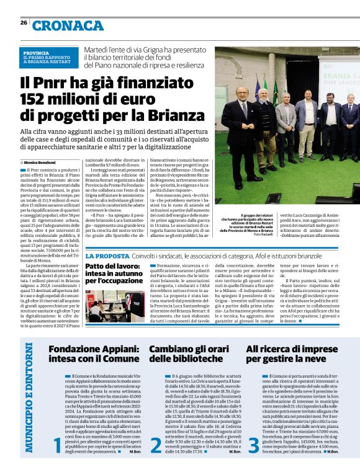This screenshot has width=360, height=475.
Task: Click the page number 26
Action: point(24,22)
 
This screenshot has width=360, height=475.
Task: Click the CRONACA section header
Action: point(68,25)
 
